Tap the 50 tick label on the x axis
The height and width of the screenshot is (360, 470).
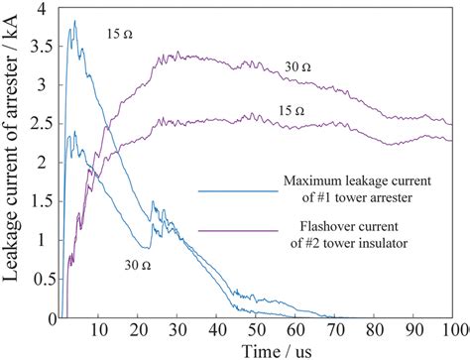pos(255,329)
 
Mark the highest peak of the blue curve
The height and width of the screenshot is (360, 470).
pos(73,21)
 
